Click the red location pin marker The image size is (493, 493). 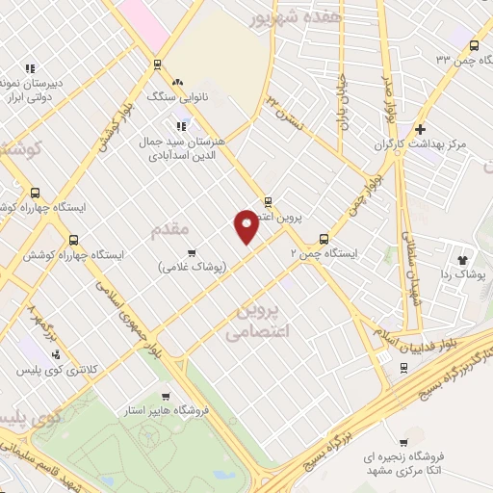point(246,226)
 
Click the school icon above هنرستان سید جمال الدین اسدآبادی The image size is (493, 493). point(180,124)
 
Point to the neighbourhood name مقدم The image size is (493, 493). point(170,230)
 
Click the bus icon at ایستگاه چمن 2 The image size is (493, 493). point(323,240)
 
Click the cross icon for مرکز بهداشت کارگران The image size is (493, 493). point(420,130)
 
